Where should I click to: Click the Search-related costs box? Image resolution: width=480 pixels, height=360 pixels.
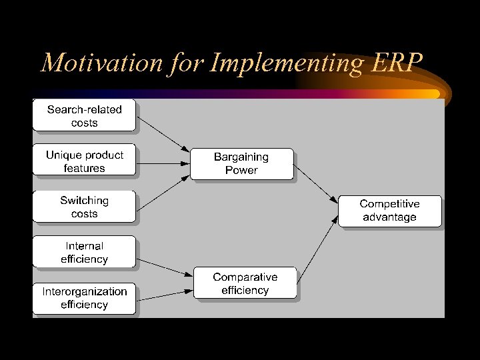[84, 115]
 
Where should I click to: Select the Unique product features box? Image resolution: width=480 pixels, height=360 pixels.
[84, 161]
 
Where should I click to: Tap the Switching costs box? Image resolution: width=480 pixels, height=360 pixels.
[84, 207]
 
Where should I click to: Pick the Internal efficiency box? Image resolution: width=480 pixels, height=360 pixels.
[84, 252]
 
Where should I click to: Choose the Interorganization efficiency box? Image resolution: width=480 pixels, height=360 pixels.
[84, 298]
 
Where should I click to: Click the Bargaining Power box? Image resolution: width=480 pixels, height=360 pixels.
[241, 163]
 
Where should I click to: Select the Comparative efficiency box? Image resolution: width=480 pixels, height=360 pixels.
[245, 283]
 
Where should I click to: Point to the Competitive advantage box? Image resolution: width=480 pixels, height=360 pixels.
[389, 211]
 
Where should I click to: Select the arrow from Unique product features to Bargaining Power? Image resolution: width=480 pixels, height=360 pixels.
[163, 162]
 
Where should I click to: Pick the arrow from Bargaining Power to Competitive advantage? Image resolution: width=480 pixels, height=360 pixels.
[316, 185]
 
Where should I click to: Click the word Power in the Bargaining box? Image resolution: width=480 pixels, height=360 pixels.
[241, 170]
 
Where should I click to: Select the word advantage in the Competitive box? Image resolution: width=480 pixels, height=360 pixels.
[389, 217]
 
